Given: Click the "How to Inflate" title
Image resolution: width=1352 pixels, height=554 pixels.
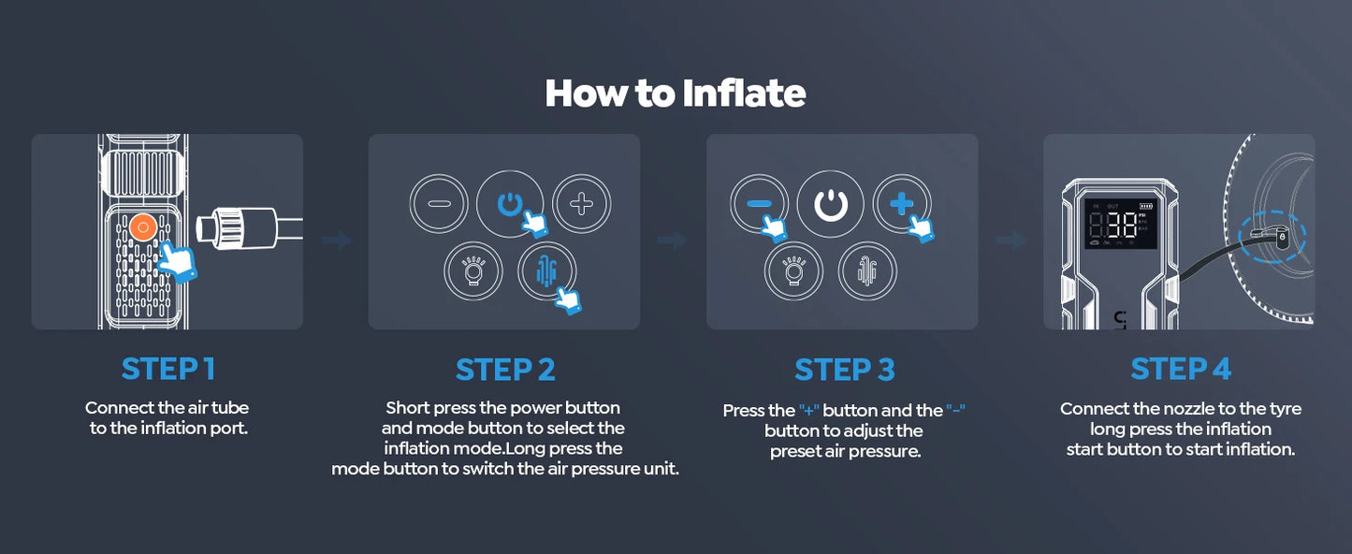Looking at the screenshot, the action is click(676, 94).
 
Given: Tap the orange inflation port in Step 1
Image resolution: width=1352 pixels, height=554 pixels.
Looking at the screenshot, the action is click(144, 227).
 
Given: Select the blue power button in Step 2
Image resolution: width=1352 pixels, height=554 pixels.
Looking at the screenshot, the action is click(509, 203).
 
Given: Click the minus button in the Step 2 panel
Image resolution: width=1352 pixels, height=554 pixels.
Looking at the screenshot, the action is click(439, 203).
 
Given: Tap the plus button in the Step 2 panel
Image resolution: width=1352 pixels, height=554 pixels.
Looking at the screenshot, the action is click(582, 203).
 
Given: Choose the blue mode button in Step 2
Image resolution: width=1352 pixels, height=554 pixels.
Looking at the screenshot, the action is click(546, 271).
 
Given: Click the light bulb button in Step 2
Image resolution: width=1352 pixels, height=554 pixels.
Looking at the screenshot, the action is click(473, 271).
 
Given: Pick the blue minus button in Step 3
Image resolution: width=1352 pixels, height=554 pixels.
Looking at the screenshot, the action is click(760, 203).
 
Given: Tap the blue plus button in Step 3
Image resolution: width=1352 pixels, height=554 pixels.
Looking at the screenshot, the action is click(902, 203).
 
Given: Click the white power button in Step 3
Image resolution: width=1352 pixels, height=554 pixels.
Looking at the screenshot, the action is click(831, 203).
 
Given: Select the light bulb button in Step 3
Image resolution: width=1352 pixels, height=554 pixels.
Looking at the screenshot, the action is click(793, 271).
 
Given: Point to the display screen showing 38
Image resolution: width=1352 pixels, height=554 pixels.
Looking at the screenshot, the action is click(1121, 224).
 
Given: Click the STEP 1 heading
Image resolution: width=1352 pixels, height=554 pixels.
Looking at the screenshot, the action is click(168, 369).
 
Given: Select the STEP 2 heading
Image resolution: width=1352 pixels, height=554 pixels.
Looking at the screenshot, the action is click(505, 370).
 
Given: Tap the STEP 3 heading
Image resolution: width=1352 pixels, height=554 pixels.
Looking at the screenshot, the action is click(844, 370).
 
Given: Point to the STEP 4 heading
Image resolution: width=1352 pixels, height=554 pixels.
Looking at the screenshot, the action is click(1181, 369).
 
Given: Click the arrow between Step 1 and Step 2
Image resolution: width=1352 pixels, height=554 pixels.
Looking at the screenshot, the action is click(336, 240).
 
